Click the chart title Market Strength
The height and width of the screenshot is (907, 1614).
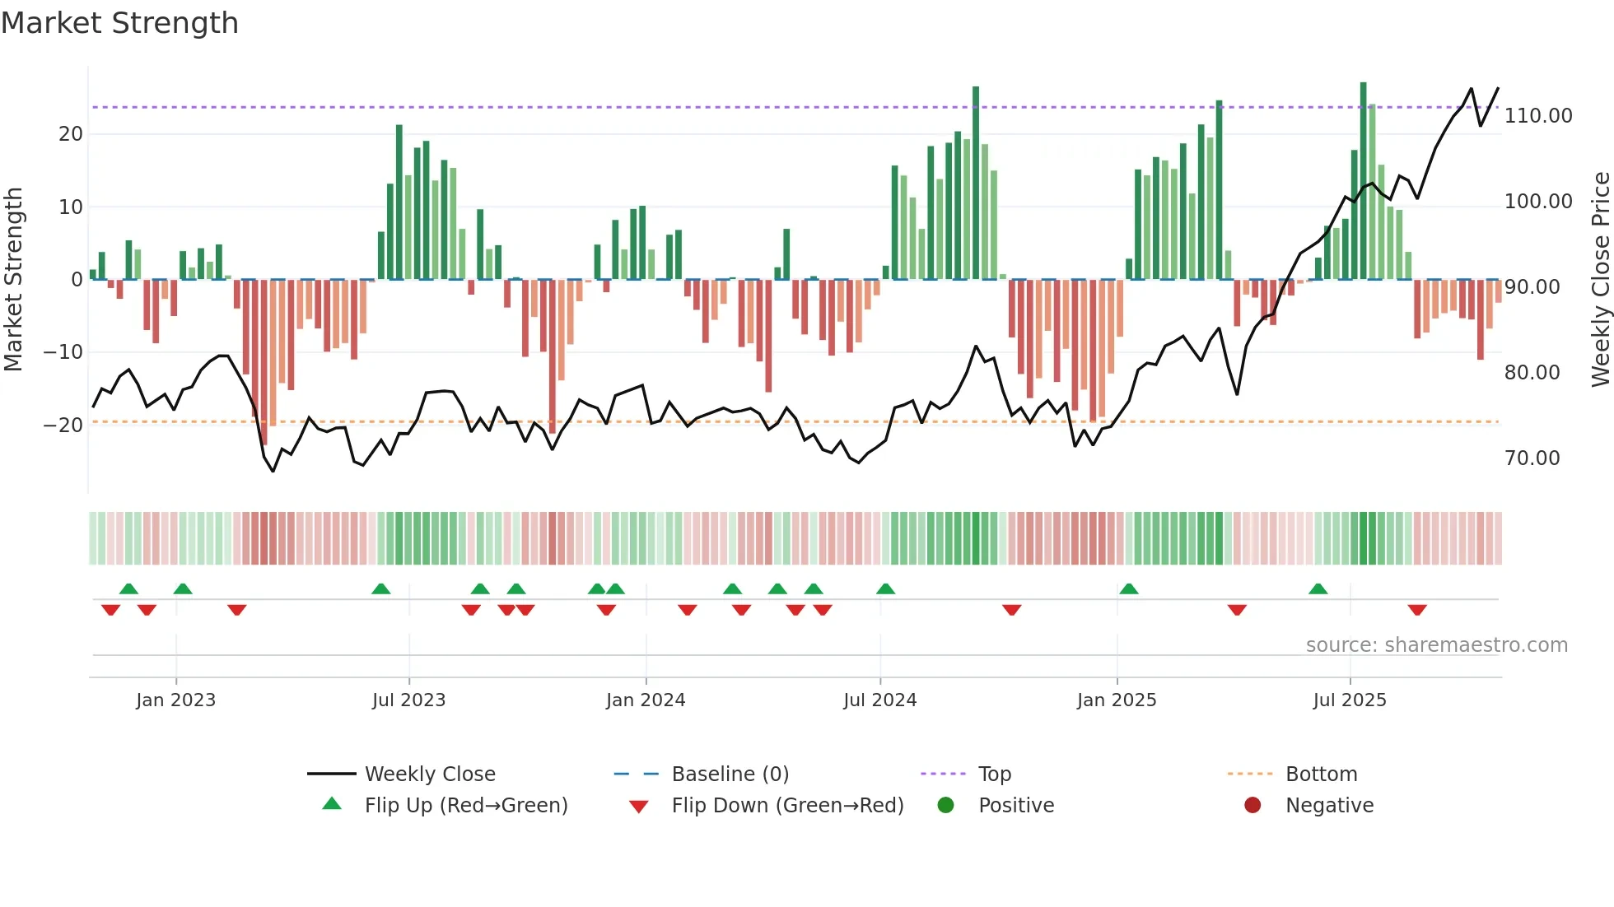coord(119,23)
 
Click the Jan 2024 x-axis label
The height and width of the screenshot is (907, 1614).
coord(646,700)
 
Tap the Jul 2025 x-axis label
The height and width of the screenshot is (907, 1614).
coord(1350,700)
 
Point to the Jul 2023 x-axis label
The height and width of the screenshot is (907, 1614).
coord(408,700)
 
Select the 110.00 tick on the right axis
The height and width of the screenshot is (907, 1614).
coord(1538,116)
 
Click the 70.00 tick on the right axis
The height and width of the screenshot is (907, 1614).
coord(1532,458)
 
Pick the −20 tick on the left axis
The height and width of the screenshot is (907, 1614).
coord(63,426)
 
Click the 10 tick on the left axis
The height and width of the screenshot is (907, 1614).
coord(71,207)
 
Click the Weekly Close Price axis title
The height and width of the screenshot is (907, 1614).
coord(1600,279)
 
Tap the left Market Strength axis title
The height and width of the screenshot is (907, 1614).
coord(13,279)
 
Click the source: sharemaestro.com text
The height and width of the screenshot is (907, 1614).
coord(1436,645)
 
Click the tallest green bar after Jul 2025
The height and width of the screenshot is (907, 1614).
coord(1363,181)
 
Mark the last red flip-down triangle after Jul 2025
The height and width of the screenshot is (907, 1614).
coord(1417,610)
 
